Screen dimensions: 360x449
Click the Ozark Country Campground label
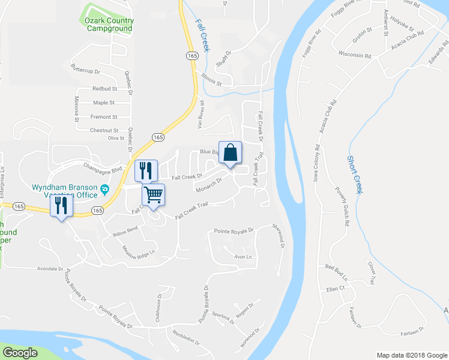click(109, 25)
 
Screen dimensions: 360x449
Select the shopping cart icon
click(153, 194)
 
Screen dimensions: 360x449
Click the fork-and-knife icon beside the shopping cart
click(146, 170)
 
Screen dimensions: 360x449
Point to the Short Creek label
click(355, 174)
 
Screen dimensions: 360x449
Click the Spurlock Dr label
click(221, 316)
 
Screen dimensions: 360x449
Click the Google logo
click(20, 353)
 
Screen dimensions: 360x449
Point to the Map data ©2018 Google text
click(411, 355)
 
